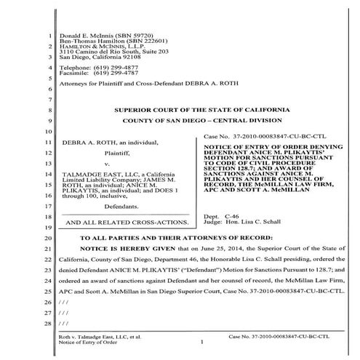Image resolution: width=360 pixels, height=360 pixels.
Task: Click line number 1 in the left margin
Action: point(47,34)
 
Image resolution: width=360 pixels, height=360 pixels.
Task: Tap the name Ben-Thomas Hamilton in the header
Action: point(92,41)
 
